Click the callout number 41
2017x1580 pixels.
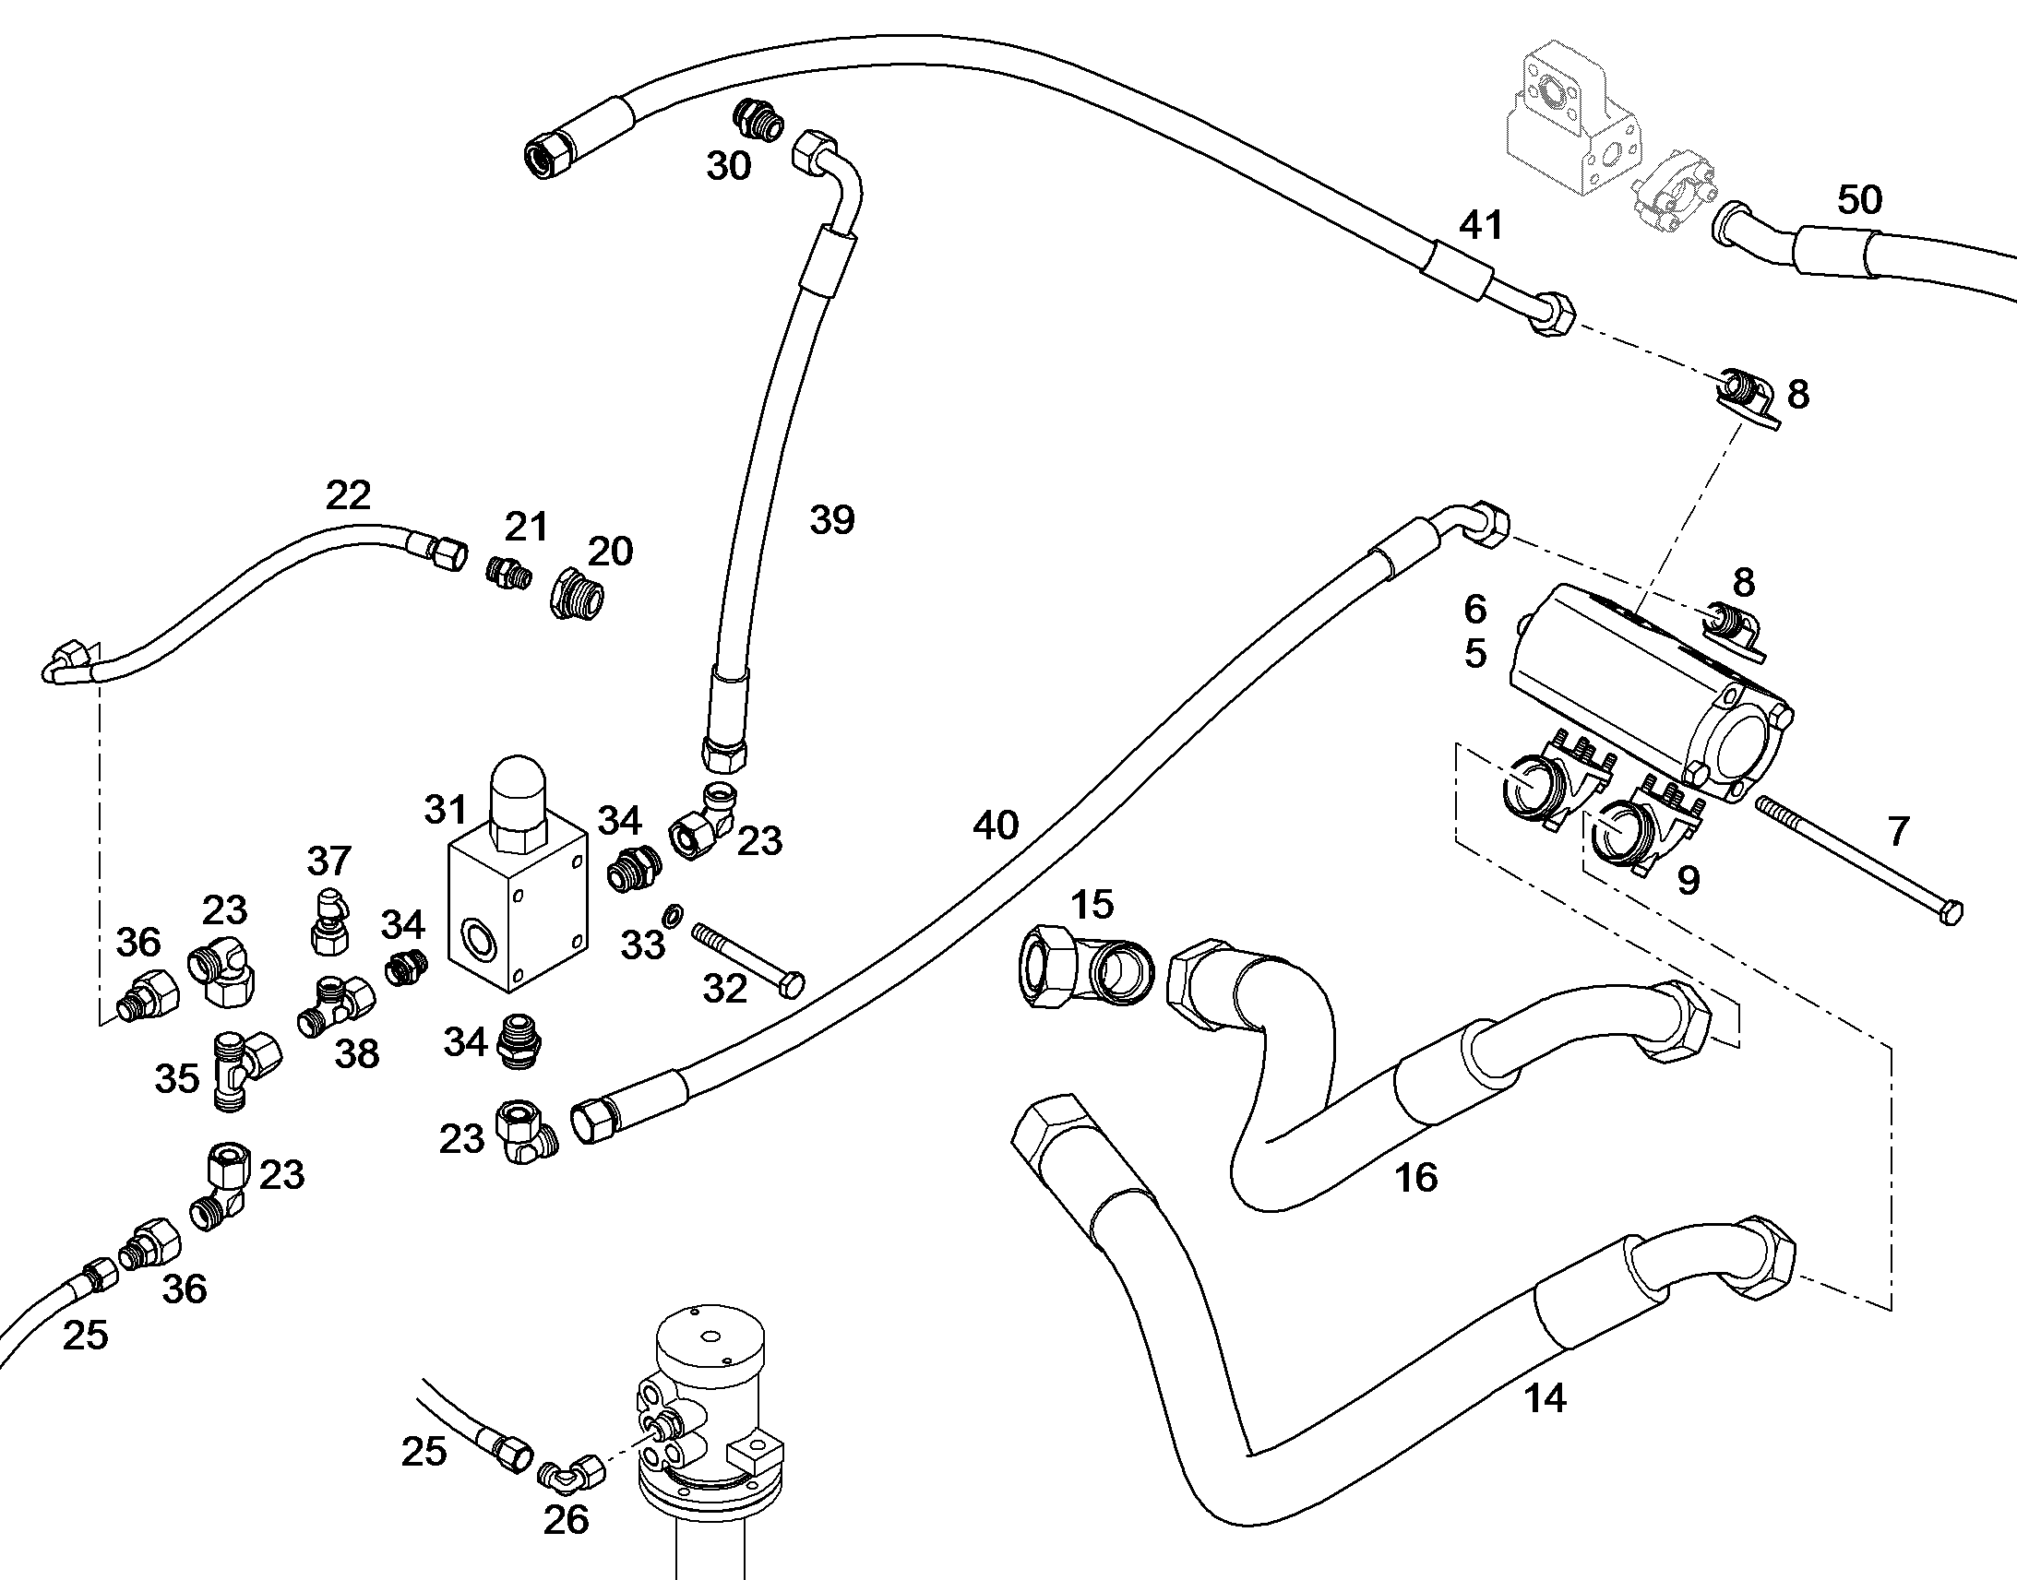(1480, 225)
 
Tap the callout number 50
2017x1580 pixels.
(1859, 199)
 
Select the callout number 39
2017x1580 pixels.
(831, 520)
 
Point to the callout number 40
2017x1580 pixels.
(995, 826)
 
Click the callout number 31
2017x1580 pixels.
(445, 810)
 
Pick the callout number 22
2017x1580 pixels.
(348, 496)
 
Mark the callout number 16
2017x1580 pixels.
(1416, 1178)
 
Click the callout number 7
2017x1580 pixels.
(1898, 832)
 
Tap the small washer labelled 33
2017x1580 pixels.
(674, 916)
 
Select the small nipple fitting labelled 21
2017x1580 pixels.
(509, 573)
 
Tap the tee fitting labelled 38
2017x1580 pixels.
(337, 1007)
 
